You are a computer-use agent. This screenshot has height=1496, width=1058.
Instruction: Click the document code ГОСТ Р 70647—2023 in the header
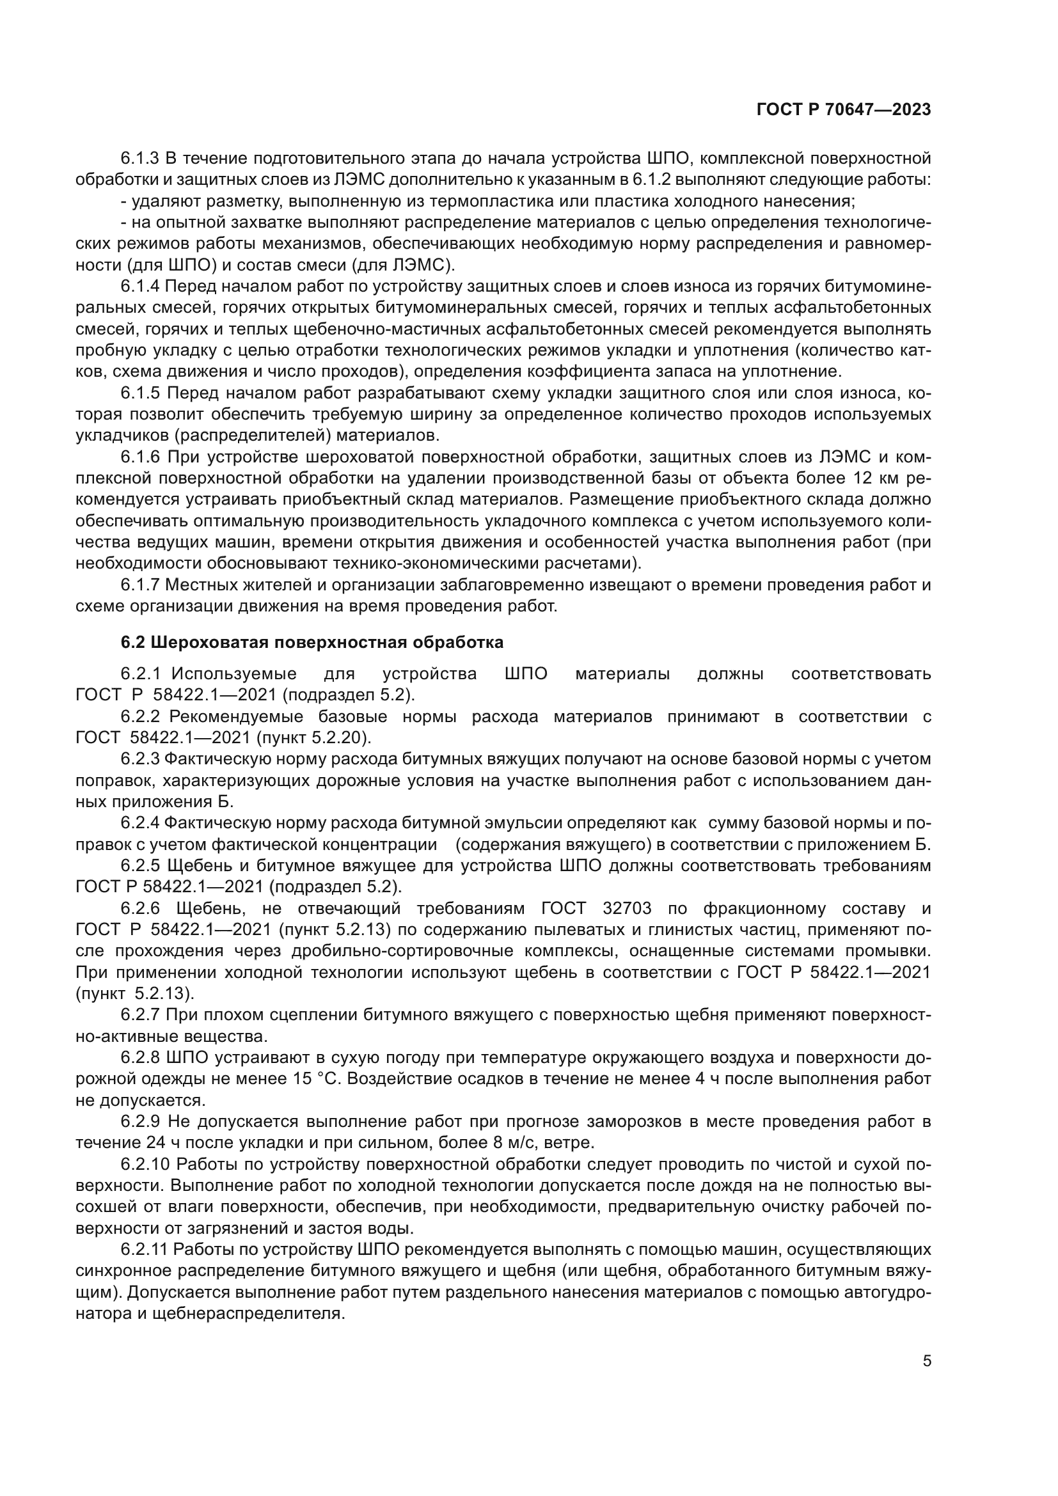point(844,110)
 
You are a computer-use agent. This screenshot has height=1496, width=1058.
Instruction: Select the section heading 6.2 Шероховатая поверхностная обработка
point(312,642)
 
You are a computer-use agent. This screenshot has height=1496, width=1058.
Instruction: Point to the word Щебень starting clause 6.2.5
point(198,866)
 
